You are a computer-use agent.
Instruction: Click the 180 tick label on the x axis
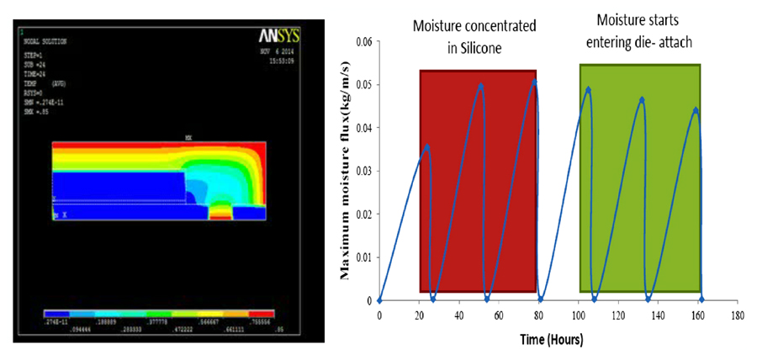pyautogui.click(x=738, y=316)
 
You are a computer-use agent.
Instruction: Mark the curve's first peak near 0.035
pyautogui.click(x=426, y=146)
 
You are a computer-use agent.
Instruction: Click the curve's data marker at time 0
pyautogui.click(x=379, y=300)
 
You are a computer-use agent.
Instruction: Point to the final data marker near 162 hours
pyautogui.click(x=701, y=299)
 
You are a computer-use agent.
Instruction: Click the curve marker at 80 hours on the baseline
pyautogui.click(x=540, y=299)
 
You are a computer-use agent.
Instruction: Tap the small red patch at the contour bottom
pyautogui.click(x=221, y=215)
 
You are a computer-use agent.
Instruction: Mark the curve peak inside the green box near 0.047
pyautogui.click(x=642, y=99)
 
